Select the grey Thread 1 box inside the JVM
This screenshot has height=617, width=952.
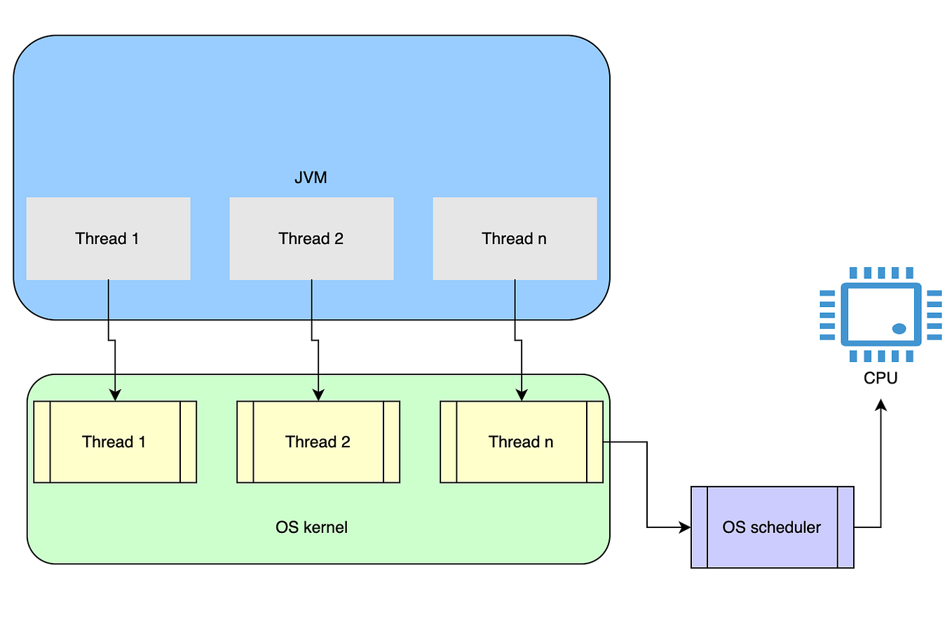point(108,238)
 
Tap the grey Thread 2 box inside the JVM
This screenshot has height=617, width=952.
point(311,238)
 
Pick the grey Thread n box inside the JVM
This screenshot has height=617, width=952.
point(515,238)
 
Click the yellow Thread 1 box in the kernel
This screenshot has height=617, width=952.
point(115,442)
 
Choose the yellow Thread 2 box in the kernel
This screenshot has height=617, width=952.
point(318,442)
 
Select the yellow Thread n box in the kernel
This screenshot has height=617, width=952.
point(521,442)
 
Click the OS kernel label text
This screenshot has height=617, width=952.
point(311,527)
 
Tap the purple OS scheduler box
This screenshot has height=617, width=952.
point(772,527)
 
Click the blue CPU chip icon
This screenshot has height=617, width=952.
point(881,314)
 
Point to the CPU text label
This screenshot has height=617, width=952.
point(880,379)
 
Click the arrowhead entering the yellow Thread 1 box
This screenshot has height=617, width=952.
point(115,395)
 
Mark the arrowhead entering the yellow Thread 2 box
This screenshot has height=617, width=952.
point(318,395)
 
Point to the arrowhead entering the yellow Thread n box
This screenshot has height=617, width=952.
point(522,395)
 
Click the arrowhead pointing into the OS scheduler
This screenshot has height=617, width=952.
point(685,527)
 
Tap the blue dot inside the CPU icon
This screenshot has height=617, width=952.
point(899,328)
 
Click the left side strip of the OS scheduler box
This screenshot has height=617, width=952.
point(699,527)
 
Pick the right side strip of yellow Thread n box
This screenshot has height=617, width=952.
point(594,442)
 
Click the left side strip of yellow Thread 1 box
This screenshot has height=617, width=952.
point(42,442)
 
